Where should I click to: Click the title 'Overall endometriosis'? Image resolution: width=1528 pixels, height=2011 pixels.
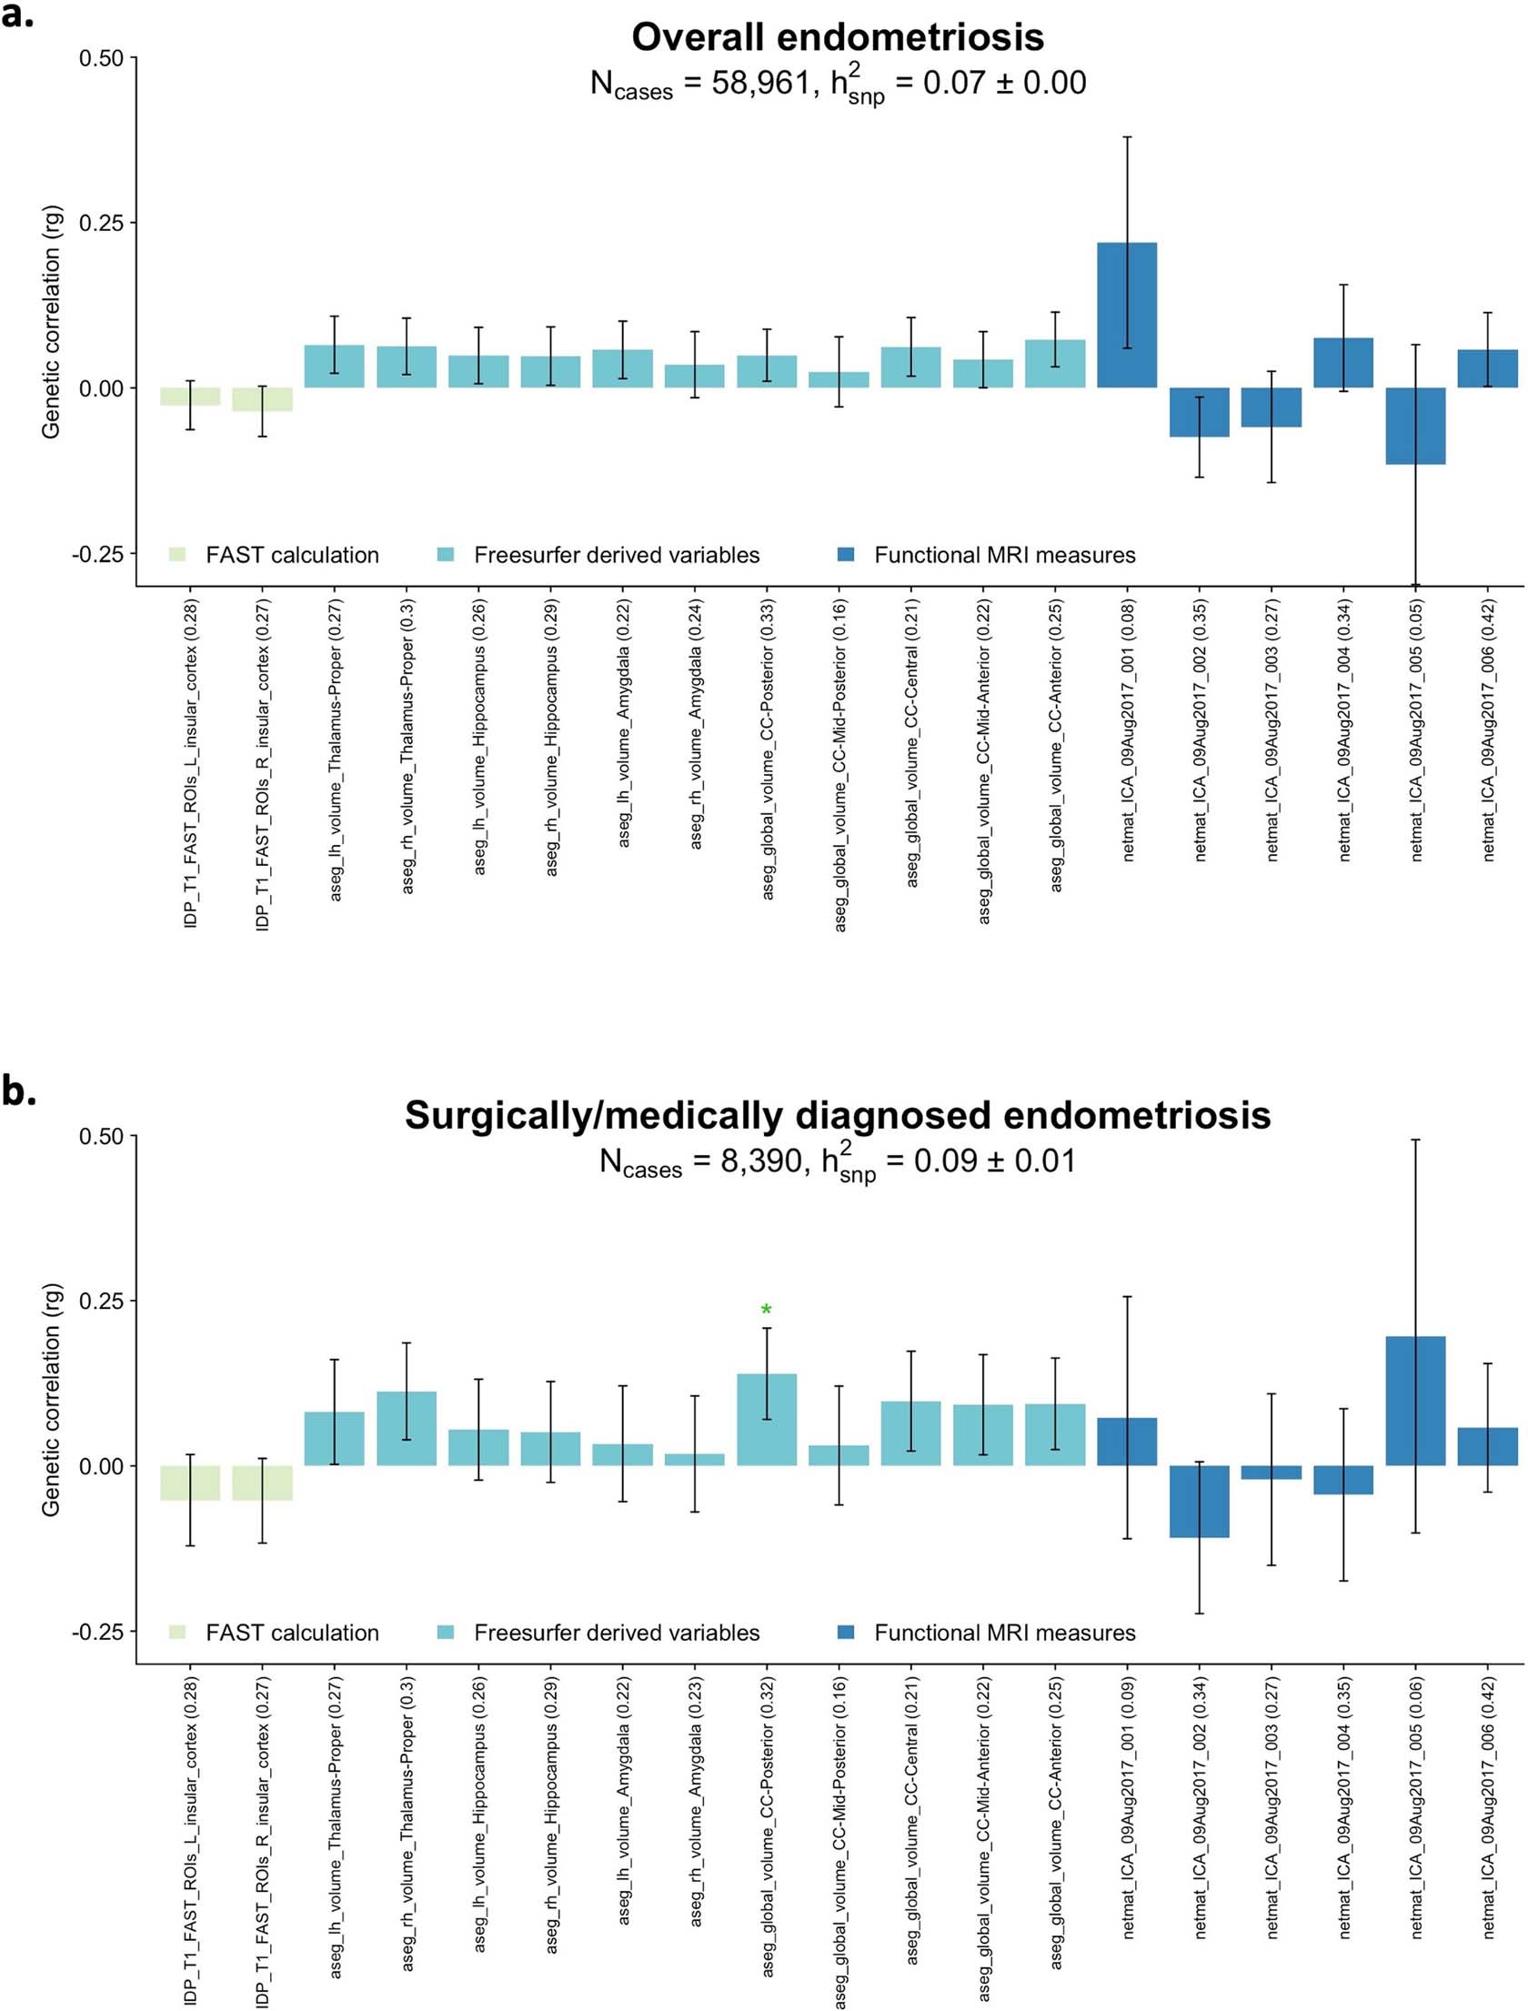pyautogui.click(x=837, y=37)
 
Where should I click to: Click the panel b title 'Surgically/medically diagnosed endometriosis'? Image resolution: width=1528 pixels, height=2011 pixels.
pyautogui.click(x=837, y=1115)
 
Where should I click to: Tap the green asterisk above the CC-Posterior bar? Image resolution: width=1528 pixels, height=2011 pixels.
pyautogui.click(x=766, y=1311)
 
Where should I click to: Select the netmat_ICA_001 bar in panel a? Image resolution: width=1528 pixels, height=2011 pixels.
pyautogui.click(x=1126, y=315)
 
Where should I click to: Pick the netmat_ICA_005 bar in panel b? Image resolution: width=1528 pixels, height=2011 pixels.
pyautogui.click(x=1414, y=1401)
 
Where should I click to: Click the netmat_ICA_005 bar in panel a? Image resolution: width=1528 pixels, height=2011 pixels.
pyautogui.click(x=1414, y=426)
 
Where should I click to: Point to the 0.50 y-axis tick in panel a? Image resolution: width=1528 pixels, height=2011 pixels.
pyautogui.click(x=101, y=58)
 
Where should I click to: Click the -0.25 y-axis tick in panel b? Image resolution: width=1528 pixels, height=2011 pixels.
pyautogui.click(x=97, y=1632)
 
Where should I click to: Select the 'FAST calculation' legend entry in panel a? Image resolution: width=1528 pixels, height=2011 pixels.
pyautogui.click(x=291, y=555)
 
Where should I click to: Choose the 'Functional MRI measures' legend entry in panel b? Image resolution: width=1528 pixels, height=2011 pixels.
pyautogui.click(x=1004, y=1633)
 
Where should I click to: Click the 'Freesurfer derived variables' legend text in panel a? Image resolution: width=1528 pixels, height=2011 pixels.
pyautogui.click(x=616, y=555)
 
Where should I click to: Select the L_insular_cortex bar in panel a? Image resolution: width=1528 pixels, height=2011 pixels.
pyautogui.click(x=190, y=397)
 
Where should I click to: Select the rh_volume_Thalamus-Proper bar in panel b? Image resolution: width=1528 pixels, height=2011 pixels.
pyautogui.click(x=407, y=1428)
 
